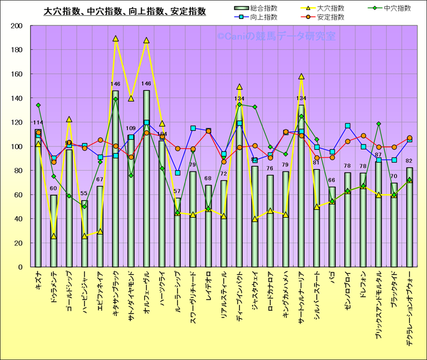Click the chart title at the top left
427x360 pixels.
click(125, 11)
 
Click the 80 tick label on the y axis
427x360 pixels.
click(18, 170)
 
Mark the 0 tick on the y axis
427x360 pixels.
click(20, 267)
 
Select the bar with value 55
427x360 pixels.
click(85, 235)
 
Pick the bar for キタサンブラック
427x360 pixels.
click(115, 179)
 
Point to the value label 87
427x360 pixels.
click(378, 155)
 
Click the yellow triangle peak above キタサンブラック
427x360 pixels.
click(115, 39)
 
